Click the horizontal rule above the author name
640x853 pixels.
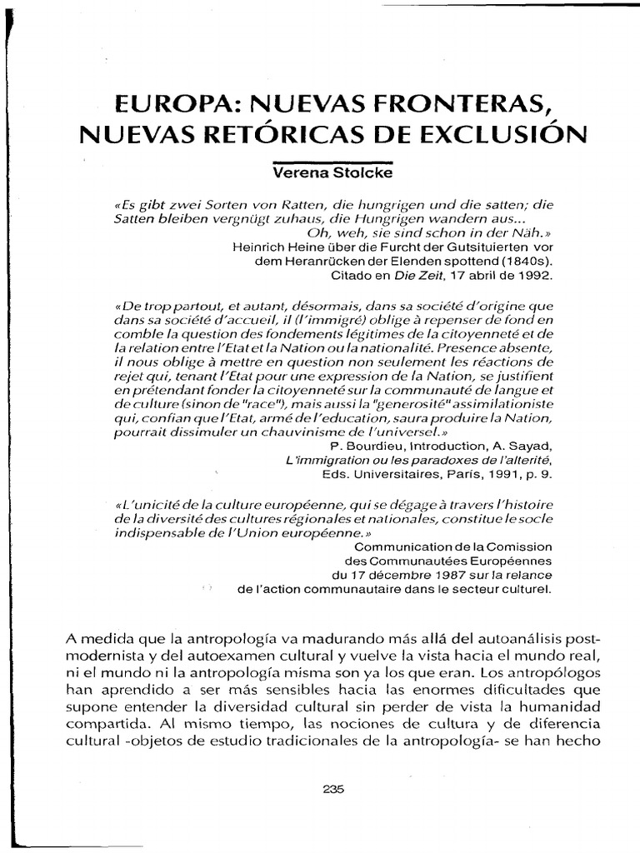click(321, 162)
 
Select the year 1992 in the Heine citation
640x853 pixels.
click(534, 273)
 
